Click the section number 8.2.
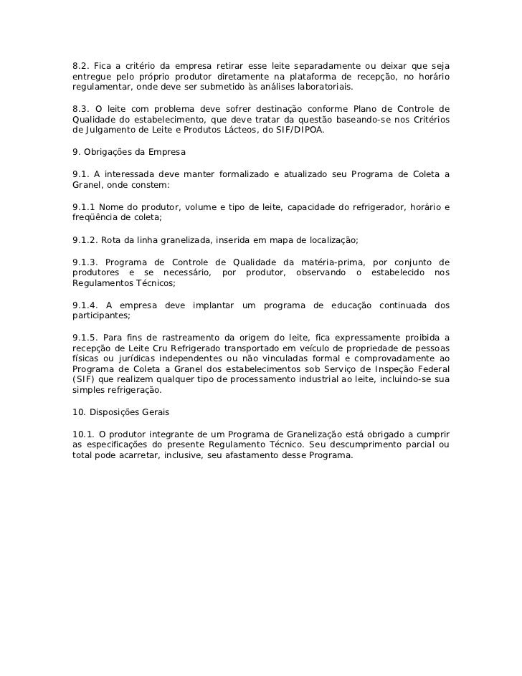(x=81, y=67)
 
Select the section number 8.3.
(x=81, y=109)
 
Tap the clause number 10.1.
(x=84, y=433)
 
